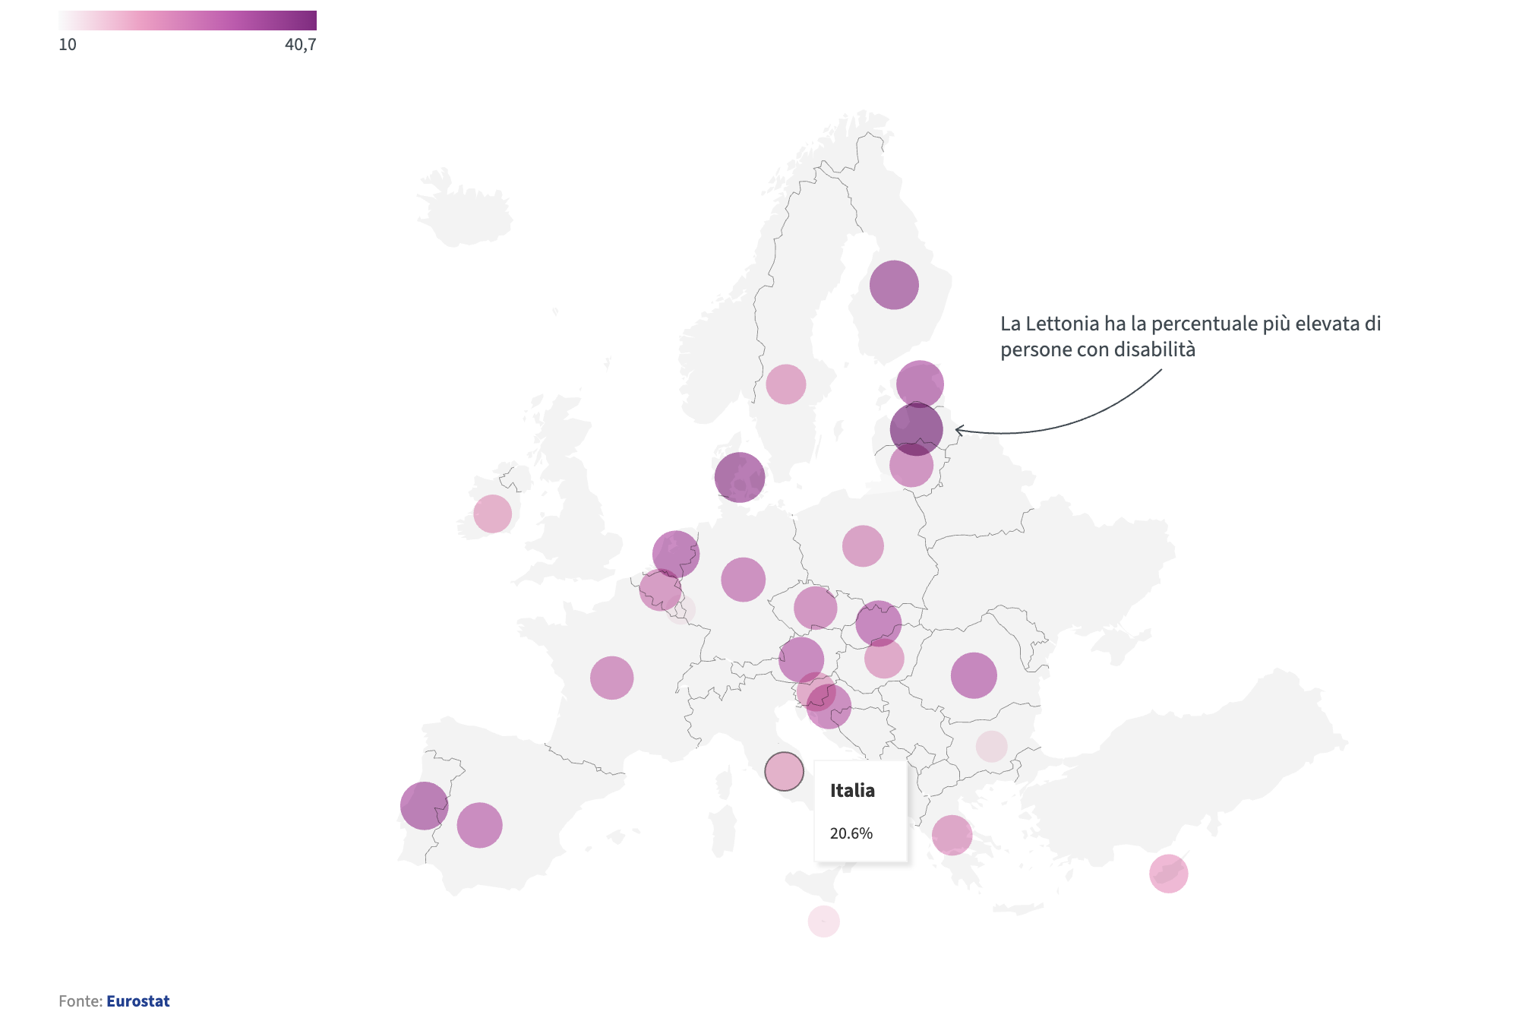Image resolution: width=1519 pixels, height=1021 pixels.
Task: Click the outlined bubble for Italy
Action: pos(784,771)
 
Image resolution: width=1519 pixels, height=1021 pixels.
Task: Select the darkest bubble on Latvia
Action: pos(917,429)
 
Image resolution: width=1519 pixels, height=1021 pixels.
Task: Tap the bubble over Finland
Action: pos(894,285)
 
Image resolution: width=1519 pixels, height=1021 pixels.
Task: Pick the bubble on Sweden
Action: pos(785,384)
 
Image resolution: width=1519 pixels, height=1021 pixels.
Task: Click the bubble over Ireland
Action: pos(492,514)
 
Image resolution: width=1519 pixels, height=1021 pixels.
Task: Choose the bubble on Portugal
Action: pos(424,805)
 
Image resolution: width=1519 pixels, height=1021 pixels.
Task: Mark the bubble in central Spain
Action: pos(479,825)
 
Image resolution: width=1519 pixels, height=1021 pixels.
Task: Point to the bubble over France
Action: pos(611,678)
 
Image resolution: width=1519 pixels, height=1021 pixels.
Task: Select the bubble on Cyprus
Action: pos(1168,874)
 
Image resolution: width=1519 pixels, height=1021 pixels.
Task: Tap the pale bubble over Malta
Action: pos(823,921)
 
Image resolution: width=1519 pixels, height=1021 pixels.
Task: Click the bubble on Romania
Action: pos(974,675)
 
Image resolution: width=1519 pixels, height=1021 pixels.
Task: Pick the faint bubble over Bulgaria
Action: pos(991,747)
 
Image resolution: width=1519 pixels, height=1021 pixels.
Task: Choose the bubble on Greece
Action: pos(952,835)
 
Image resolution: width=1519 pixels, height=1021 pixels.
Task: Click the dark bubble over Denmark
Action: pos(739,477)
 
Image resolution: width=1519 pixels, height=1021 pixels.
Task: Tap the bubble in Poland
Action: pos(863,545)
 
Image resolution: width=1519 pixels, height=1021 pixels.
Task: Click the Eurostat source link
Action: pos(137,1001)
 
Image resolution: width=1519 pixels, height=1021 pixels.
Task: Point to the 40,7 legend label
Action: pos(300,45)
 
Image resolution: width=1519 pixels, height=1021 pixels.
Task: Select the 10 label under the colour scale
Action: pos(68,45)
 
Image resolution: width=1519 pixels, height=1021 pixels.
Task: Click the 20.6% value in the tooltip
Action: pos(851,833)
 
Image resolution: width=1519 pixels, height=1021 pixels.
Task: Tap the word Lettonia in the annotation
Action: pos(1063,324)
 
